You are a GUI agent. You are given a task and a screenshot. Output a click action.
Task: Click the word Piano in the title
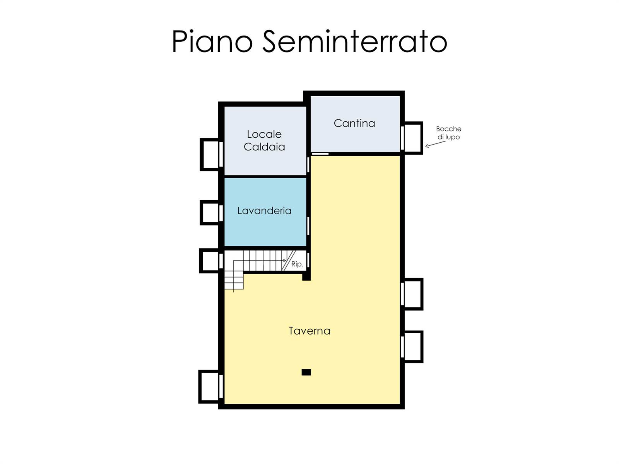[212, 41]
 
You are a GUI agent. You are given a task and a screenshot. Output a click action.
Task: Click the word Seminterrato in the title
[355, 41]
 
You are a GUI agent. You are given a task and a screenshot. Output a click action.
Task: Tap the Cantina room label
[354, 123]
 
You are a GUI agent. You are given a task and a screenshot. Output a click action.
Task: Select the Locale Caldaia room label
[264, 140]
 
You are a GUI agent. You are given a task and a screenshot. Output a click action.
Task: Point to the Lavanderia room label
[265, 210]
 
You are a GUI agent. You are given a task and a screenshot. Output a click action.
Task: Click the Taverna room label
[309, 331]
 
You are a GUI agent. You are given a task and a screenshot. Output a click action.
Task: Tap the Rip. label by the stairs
[297, 264]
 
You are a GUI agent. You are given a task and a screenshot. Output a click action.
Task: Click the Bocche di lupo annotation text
[449, 133]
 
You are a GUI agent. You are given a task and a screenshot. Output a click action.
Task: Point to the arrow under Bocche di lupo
[435, 144]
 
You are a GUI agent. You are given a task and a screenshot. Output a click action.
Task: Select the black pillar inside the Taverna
[306, 372]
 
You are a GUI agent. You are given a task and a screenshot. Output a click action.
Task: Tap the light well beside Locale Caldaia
[210, 154]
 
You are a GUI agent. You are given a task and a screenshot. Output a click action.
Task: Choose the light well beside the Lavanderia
[210, 213]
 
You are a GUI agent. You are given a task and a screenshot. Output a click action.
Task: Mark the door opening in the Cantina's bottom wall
[320, 154]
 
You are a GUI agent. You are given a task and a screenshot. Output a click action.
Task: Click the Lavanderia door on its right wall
[308, 226]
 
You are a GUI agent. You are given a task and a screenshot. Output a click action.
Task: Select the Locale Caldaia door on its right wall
[308, 165]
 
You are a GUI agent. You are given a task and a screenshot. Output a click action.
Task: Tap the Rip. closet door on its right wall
[308, 260]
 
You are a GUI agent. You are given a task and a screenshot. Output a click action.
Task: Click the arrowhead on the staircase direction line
[285, 261]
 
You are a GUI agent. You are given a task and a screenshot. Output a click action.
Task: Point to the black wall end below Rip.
[306, 276]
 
